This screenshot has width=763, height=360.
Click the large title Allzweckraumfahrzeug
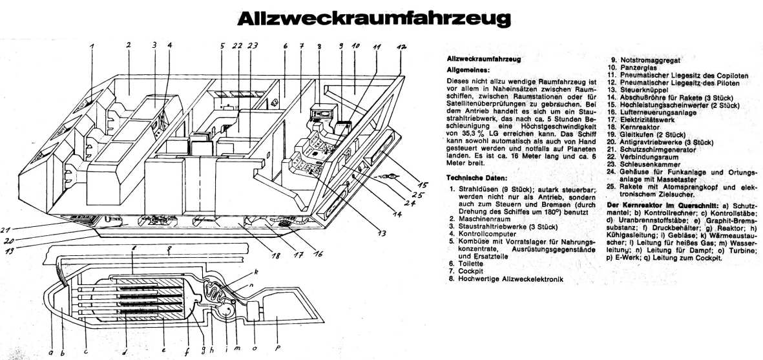pyautogui.click(x=372, y=20)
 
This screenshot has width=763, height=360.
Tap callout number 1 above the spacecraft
pyautogui.click(x=92, y=47)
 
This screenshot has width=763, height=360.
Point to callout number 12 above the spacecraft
pyautogui.click(x=401, y=48)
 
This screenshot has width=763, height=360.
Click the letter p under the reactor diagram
pyautogui.click(x=277, y=349)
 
